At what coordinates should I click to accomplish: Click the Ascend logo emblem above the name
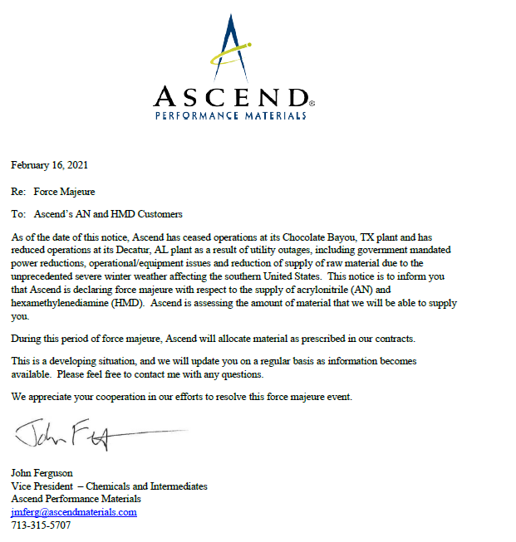click(230, 46)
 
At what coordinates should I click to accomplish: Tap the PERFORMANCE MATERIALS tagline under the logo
click(231, 116)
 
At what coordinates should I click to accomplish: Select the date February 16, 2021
click(49, 165)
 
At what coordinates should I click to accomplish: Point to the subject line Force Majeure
click(76, 192)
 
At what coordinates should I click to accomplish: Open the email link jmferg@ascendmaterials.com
click(74, 512)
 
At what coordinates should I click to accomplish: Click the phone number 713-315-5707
click(41, 525)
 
